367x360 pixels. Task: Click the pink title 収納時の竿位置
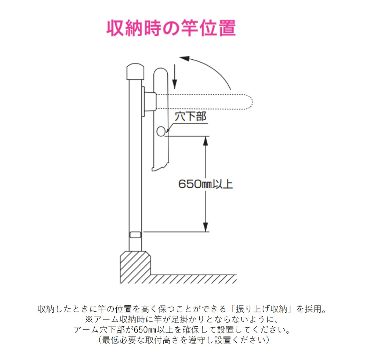pos(171,28)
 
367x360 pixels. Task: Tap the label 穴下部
pos(190,117)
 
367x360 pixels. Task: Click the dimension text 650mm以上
pos(206,184)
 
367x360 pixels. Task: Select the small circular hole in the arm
pos(161,131)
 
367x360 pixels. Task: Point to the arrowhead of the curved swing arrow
pos(184,59)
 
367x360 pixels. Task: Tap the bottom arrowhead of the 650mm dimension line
pos(206,228)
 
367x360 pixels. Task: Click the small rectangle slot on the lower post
pos(135,235)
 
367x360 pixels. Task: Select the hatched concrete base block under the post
pos(135,267)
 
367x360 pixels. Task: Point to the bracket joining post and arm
pos(150,101)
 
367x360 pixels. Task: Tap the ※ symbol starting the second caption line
pos(89,319)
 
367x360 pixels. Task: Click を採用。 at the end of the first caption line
pos(310,309)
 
